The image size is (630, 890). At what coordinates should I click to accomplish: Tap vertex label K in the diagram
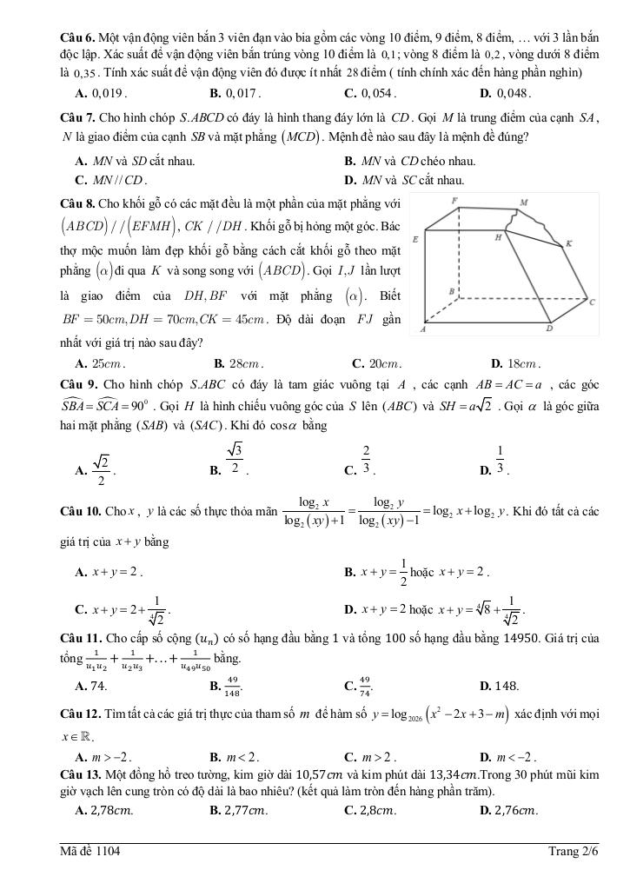pos(568,244)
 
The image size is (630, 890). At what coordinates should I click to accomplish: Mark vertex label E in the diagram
pos(415,237)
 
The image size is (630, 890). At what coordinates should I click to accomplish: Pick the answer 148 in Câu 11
pos(505,686)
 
